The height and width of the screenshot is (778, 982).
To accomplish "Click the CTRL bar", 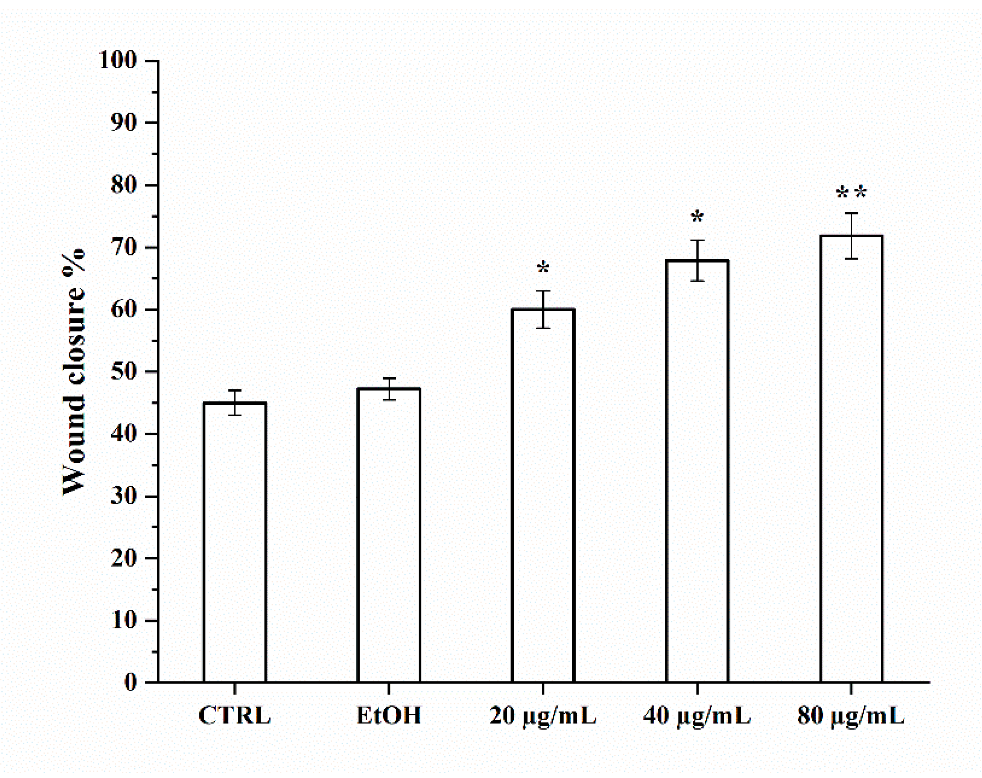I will click(x=235, y=542).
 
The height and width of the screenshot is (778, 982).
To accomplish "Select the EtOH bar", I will click(x=389, y=535).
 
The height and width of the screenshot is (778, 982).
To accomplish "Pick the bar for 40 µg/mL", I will click(x=697, y=471).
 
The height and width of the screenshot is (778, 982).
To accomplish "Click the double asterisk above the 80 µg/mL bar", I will click(x=851, y=193).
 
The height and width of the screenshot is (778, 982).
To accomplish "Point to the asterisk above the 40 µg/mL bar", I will click(x=697, y=218).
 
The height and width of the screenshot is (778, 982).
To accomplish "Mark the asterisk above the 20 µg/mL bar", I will click(x=543, y=268).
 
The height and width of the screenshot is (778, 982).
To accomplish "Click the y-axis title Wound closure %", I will click(x=74, y=371).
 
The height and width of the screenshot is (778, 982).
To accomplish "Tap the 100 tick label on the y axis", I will click(x=118, y=60).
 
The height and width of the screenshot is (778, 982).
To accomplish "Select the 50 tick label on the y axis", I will click(x=124, y=371).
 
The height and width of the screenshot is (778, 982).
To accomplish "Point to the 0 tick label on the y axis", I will click(x=130, y=682).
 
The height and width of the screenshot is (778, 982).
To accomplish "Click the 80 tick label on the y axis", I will click(x=124, y=185).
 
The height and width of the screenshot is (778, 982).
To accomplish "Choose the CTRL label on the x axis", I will click(x=235, y=715).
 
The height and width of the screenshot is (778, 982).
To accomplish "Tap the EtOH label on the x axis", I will click(x=389, y=715).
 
